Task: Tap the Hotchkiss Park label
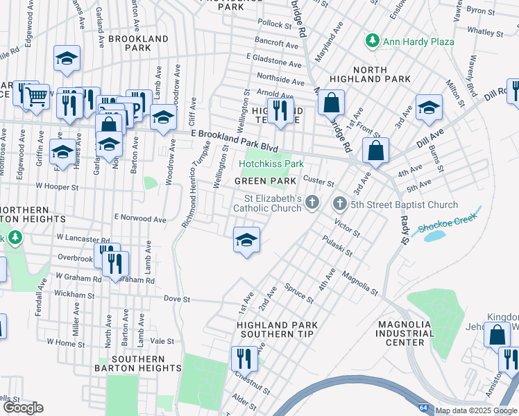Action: tap(272, 164)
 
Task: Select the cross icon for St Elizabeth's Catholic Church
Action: tap(312, 202)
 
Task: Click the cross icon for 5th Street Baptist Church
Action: tap(339, 204)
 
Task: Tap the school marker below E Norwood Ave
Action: tap(246, 240)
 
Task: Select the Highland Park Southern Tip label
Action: tap(277, 329)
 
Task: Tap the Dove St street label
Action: tap(177, 300)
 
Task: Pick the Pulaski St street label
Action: tap(338, 247)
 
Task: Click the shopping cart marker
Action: tap(37, 96)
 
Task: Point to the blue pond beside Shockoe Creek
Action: tap(434, 236)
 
